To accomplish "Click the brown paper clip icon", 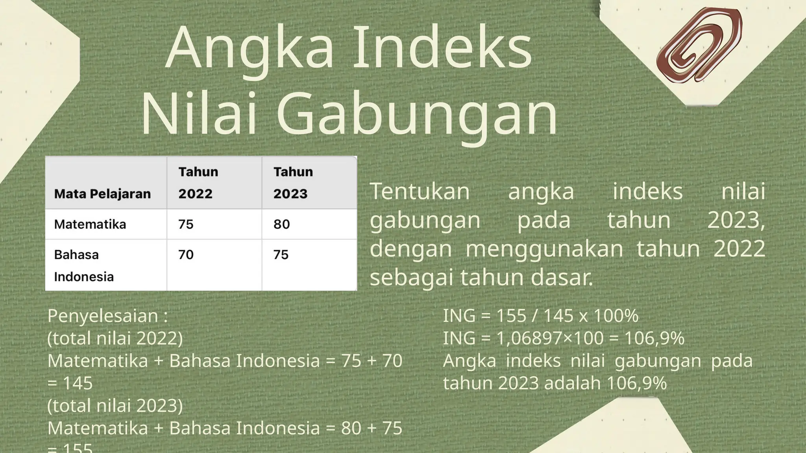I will pyautogui.click(x=699, y=44).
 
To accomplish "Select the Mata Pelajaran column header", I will pyautogui.click(x=102, y=193).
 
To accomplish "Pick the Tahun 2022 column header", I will pyautogui.click(x=198, y=182).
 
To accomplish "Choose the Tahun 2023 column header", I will pyautogui.click(x=293, y=182).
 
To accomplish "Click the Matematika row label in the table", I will pyautogui.click(x=90, y=224).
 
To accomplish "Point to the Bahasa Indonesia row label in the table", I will pyautogui.click(x=83, y=265).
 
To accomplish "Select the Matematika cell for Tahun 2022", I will pyautogui.click(x=186, y=224).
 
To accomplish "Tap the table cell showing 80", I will pyautogui.click(x=281, y=224).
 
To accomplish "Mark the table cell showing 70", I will pyautogui.click(x=186, y=254).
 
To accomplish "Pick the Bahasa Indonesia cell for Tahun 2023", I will pyautogui.click(x=281, y=254).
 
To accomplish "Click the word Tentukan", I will pyautogui.click(x=420, y=192).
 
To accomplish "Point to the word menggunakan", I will pyautogui.click(x=544, y=249).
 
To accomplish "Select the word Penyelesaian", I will pyautogui.click(x=103, y=316).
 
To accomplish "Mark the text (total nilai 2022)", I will pyautogui.click(x=115, y=338).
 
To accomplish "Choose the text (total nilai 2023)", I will pyautogui.click(x=115, y=405).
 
